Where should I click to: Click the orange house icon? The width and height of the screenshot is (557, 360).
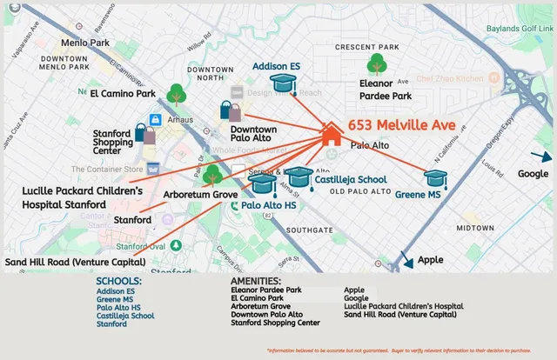point(331,133)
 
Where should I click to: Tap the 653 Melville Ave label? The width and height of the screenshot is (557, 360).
point(402,125)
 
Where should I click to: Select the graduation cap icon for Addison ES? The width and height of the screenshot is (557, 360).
point(283,83)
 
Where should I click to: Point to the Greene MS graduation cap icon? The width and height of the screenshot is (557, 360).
point(435,178)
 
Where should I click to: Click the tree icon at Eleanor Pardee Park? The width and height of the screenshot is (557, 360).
point(377,63)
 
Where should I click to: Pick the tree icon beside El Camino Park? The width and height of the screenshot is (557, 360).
point(177,93)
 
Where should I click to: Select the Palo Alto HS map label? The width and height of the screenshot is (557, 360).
point(269,205)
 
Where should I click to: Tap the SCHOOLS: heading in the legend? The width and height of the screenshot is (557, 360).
point(119,281)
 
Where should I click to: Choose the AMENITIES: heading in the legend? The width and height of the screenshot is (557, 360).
point(255,281)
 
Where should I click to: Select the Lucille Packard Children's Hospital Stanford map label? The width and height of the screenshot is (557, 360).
point(82,197)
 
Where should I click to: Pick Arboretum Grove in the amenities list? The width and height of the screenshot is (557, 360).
point(260,306)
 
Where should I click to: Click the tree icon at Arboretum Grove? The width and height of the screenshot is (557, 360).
point(211,175)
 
